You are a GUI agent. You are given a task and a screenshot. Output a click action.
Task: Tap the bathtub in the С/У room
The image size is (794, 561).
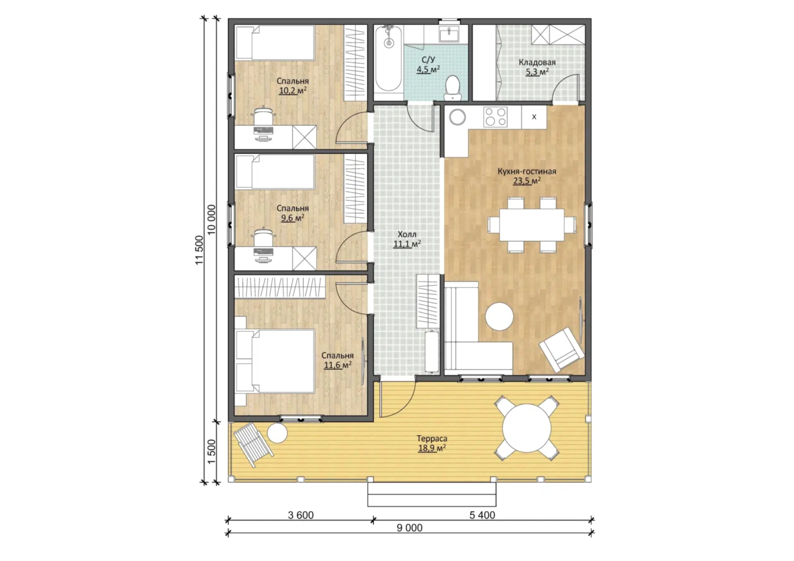(388, 59)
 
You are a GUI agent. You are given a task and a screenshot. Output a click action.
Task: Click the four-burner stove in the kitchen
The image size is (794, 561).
(495, 117)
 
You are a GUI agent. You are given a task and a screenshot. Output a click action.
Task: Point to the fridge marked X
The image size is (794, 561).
(534, 117)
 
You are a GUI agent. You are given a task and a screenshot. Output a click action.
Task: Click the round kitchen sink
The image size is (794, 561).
(457, 117)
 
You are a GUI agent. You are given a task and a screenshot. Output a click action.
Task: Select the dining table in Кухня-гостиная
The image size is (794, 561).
(532, 224)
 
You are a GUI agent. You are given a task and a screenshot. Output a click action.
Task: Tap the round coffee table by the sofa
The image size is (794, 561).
(499, 316)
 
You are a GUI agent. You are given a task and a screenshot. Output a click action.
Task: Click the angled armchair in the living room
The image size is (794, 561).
(561, 349)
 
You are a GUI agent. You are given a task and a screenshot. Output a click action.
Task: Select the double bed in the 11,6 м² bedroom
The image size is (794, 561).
(275, 361)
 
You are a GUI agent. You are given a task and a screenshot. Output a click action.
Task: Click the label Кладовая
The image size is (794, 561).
(537, 62)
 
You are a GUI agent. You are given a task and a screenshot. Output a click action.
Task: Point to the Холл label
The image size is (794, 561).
(407, 234)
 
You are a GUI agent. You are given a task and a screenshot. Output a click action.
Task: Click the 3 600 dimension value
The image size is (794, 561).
(301, 515)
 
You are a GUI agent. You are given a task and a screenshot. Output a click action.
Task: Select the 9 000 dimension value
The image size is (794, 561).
(409, 528)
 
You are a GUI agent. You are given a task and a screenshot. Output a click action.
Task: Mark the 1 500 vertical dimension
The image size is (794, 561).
(211, 451)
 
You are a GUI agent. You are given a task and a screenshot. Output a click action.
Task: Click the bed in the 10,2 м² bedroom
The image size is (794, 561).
(275, 43)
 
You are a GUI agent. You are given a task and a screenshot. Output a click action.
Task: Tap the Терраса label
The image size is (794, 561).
(432, 439)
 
